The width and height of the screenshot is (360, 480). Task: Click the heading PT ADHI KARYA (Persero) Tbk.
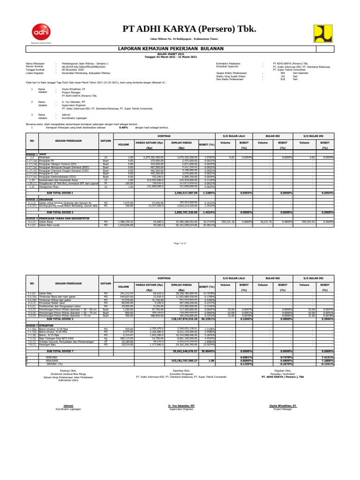click(x=189, y=29)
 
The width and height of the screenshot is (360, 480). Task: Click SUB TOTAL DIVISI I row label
click(x=63, y=193)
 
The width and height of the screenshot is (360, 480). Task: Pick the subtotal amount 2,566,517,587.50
click(x=180, y=193)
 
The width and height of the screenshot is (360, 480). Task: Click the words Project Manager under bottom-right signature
click(x=286, y=408)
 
